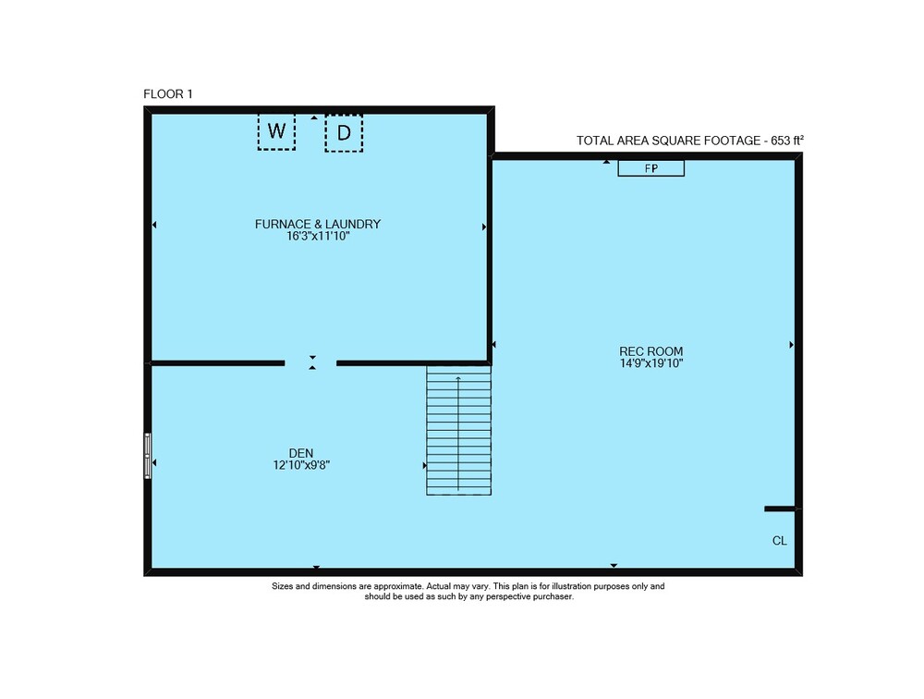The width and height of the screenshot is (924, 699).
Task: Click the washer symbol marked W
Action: coord(276,131)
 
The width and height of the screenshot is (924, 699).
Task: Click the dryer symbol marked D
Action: coord(344,133)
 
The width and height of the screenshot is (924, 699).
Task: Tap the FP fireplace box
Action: coord(650,168)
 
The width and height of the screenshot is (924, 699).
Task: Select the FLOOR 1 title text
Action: coord(168,93)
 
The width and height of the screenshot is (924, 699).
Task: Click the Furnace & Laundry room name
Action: coord(318,224)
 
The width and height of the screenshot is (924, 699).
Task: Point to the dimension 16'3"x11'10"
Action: coord(318,236)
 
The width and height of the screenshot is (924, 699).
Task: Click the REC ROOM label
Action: coord(651,351)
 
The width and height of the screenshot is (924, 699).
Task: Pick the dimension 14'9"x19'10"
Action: coord(651,363)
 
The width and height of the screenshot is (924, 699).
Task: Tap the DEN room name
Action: coord(301,453)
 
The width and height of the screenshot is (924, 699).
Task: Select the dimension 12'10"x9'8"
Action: coord(301,465)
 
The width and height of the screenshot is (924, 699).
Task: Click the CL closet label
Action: coord(780,541)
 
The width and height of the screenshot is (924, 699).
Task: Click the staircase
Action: coord(459,430)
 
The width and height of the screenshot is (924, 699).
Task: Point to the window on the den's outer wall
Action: coord(148,456)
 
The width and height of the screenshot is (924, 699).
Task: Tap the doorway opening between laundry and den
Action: coord(310,363)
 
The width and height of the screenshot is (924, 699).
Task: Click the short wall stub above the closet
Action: coord(780,509)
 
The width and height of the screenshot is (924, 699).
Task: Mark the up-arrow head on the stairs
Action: coord(458,378)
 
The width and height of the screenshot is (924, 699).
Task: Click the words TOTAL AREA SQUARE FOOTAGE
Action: coord(668,141)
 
